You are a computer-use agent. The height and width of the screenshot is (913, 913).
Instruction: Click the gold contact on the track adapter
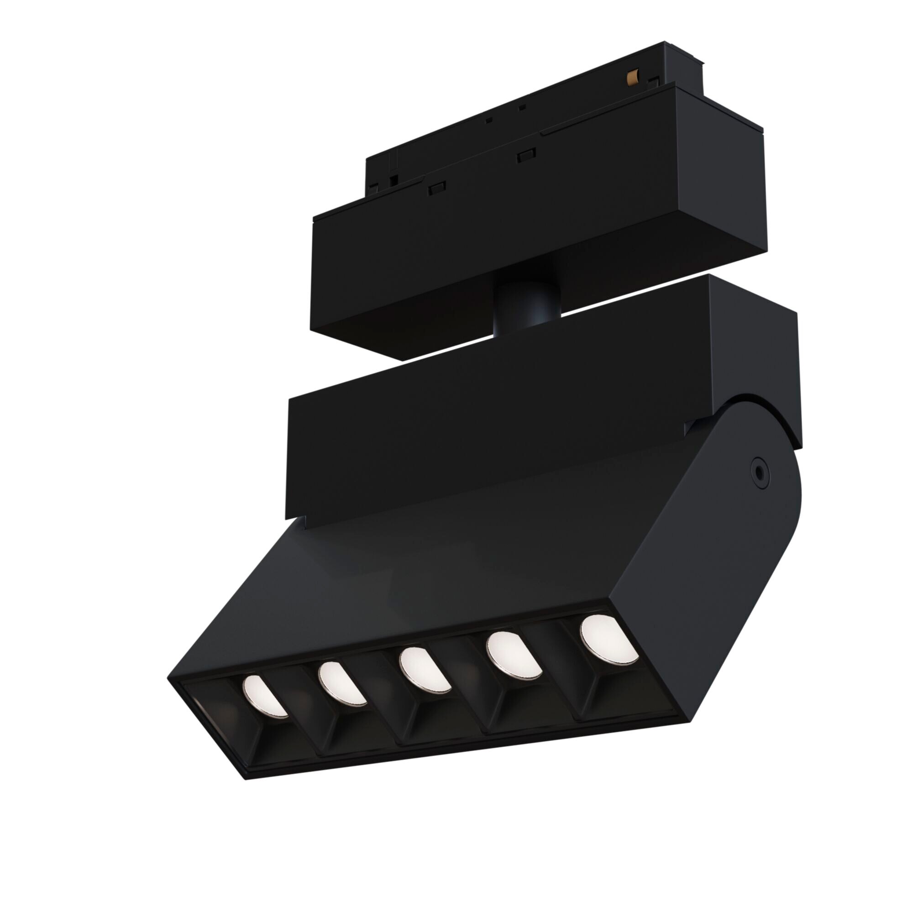coord(632,77)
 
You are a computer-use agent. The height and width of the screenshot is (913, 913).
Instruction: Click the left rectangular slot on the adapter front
coord(438,188)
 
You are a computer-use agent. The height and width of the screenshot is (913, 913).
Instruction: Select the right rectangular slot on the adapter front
coord(526,156)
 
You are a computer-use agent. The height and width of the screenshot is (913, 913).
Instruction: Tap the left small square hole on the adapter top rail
coord(489,120)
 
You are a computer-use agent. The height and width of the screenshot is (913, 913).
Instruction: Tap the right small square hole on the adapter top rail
coord(522,108)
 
